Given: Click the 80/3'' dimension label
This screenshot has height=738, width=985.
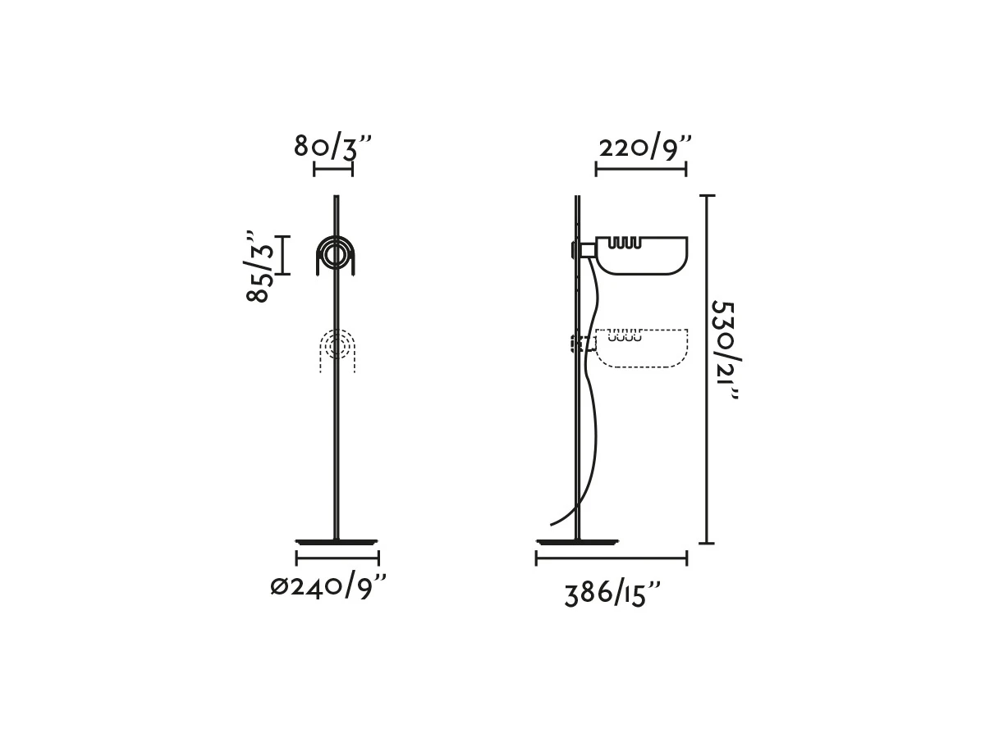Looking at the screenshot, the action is [332, 147].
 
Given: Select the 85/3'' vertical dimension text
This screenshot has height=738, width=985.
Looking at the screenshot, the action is [260, 267].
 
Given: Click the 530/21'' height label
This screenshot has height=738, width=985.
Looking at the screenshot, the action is [725, 350].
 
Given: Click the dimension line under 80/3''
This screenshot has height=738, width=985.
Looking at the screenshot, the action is [333, 169].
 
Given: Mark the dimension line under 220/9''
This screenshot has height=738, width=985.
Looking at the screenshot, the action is [641, 169].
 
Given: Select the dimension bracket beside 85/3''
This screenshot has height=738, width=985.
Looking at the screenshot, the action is [284, 255].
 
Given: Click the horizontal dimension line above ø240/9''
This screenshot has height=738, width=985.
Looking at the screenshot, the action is [337, 558].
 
